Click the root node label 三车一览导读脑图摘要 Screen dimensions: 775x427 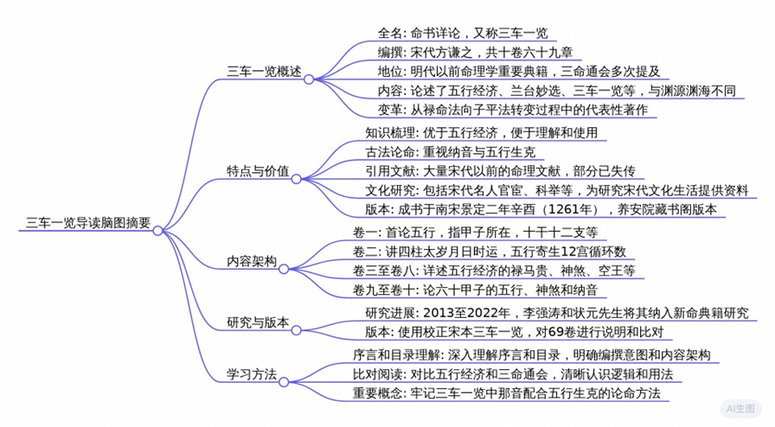pyautogui.click(x=88, y=223)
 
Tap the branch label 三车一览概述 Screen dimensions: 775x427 pyautogui.click(x=264, y=72)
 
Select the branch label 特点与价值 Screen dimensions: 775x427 pyautogui.click(x=258, y=171)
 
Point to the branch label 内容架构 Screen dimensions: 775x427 pyautogui.click(x=252, y=261)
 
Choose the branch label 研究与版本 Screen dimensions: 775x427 pyautogui.click(x=258, y=322)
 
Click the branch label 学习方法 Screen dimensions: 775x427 pyautogui.click(x=252, y=374)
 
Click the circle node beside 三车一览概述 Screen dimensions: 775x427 pyautogui.click(x=309, y=79)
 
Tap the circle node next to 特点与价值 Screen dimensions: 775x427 pyautogui.click(x=297, y=179)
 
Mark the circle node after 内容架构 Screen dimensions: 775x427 pyautogui.click(x=284, y=269)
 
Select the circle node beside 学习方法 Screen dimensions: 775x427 pyautogui.click(x=284, y=382)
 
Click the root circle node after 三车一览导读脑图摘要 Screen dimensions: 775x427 pyautogui.click(x=157, y=230)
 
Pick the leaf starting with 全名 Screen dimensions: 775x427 pyautogui.click(x=463, y=33)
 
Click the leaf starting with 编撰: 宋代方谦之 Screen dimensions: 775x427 pyautogui.click(x=476, y=52)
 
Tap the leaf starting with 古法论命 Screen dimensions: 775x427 pyautogui.click(x=451, y=152)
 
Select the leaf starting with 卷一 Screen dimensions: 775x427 pyautogui.click(x=476, y=233)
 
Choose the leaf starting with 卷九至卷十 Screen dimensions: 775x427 pyautogui.click(x=476, y=290)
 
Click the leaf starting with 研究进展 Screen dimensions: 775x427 pyautogui.click(x=557, y=313)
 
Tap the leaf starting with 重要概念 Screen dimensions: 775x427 pyautogui.click(x=507, y=393)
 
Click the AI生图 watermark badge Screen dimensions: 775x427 pyautogui.click(x=740, y=409)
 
